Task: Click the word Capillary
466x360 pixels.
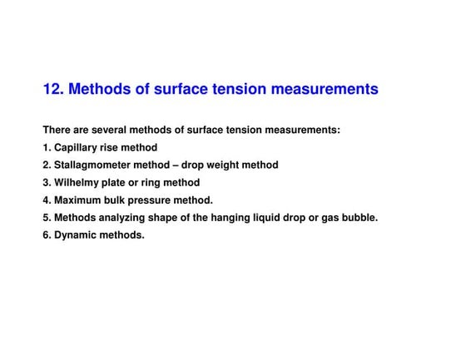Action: pos(77,147)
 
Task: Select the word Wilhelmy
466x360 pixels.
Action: pos(77,182)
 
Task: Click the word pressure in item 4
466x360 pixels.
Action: pos(158,200)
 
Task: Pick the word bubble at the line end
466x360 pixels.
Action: pos(359,217)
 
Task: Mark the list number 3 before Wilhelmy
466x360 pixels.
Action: pos(46,182)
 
